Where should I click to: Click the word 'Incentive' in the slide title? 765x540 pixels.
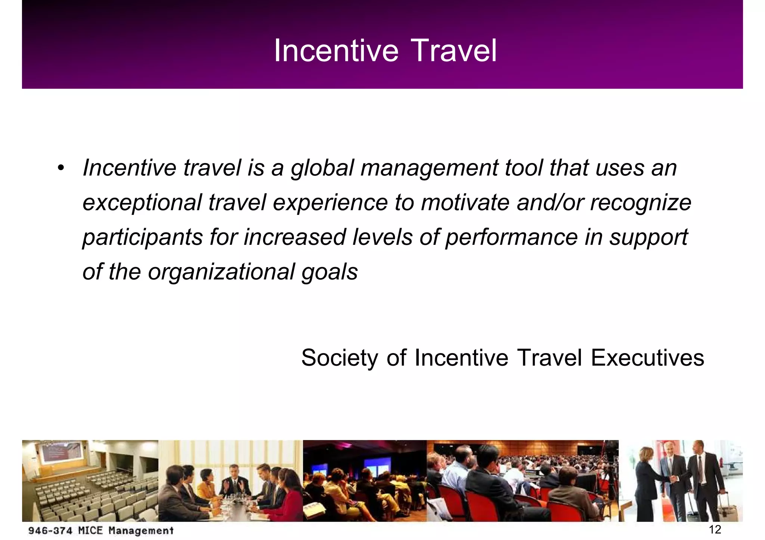[336, 51]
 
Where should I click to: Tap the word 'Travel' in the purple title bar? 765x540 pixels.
[455, 51]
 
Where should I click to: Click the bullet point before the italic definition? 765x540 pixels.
[61, 168]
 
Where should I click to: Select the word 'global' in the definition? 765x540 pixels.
[322, 168]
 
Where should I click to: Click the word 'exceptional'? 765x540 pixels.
[142, 203]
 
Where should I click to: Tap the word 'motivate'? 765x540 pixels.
[465, 203]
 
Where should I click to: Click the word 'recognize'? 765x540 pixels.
[641, 203]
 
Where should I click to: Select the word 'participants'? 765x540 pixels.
[142, 237]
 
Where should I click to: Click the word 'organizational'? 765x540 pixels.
[221, 272]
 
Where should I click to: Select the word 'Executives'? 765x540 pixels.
[647, 358]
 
